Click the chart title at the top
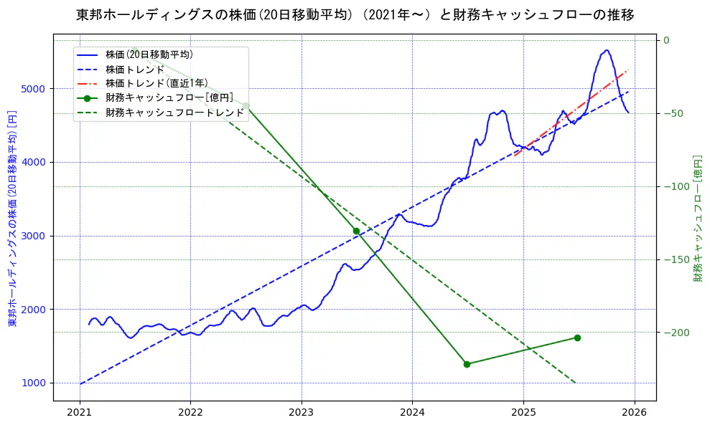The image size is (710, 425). click(355, 15)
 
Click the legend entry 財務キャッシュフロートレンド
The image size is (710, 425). click(174, 113)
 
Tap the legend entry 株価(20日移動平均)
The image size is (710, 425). click(149, 54)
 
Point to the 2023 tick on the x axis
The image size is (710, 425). click(301, 414)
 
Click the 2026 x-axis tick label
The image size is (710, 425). click(634, 414)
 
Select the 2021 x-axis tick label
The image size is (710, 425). click(79, 414)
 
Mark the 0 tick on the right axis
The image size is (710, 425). click(666, 40)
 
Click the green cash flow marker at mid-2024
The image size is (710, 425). click(467, 364)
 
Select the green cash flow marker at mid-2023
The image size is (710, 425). click(356, 231)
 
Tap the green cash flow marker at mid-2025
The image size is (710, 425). click(577, 338)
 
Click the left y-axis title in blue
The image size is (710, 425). click(11, 219)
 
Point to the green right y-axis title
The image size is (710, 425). click(697, 218)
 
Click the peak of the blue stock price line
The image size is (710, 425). click(607, 50)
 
